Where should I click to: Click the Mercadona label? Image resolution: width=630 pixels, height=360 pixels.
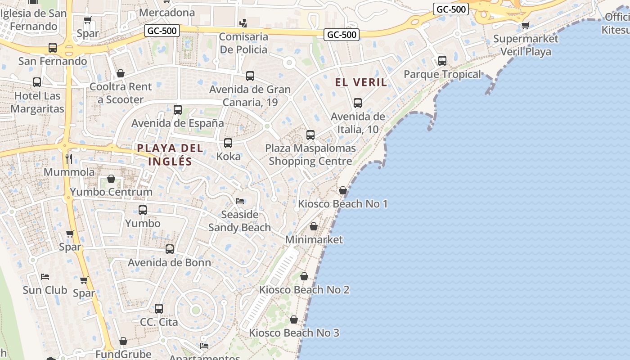tap(167, 12)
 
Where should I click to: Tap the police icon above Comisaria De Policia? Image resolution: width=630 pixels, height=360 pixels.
tap(243, 22)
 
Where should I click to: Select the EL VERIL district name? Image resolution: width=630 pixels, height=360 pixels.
tap(361, 82)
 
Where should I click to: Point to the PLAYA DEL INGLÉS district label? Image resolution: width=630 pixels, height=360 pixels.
tap(170, 154)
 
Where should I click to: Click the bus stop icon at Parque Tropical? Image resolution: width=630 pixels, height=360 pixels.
tap(442, 60)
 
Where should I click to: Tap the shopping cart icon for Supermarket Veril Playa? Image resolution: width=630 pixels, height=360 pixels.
tap(525, 25)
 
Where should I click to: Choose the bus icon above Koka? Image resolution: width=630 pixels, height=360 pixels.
tap(228, 143)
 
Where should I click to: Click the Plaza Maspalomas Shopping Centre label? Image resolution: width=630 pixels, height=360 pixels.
tap(310, 154)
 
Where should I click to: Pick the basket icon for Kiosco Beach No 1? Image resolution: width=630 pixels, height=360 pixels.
tap(343, 190)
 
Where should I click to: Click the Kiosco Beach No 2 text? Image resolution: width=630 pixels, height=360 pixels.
tap(304, 290)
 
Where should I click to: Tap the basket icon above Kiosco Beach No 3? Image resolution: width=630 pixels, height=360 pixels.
tap(294, 319)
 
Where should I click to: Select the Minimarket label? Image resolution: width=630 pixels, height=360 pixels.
tap(314, 239)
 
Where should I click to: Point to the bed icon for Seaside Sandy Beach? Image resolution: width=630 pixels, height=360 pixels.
tap(240, 201)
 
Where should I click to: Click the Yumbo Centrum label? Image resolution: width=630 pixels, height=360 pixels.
tap(111, 192)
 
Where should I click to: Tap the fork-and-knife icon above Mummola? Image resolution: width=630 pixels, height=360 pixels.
tap(69, 158)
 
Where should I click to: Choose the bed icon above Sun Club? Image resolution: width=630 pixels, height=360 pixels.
tap(45, 276)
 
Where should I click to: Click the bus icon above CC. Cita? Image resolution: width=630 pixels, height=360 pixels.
tap(159, 309)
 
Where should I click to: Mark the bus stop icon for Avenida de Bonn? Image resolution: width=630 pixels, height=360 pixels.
tap(170, 249)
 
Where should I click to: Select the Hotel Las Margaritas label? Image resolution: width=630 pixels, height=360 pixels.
tap(37, 102)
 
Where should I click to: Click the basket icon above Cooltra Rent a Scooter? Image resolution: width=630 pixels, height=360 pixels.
tap(121, 73)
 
